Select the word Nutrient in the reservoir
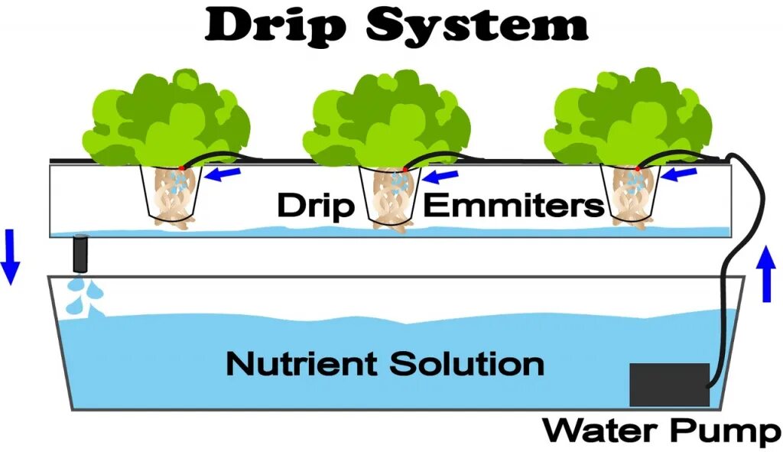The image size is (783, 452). pos(303,363)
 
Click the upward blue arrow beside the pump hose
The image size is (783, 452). pos(768,274)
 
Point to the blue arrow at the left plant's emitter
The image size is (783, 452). pos(226,174)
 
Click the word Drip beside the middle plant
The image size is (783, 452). pos(315,206)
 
